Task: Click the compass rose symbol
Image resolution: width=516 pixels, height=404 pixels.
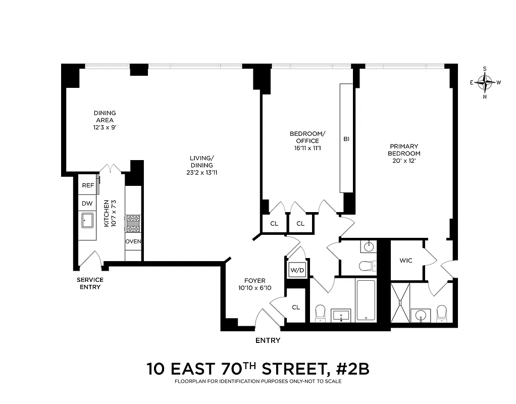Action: point(485,82)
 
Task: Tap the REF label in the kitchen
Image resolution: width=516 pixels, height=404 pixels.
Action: point(88,185)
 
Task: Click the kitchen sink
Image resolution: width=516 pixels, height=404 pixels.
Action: point(87,220)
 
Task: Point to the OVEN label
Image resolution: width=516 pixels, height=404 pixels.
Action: point(133,241)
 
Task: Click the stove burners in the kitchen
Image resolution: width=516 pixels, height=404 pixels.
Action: point(133,223)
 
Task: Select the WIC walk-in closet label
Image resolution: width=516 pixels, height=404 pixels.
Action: point(406,261)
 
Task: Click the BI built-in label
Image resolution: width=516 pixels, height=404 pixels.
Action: point(346,138)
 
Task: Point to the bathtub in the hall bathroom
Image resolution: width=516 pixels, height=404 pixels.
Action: point(366,300)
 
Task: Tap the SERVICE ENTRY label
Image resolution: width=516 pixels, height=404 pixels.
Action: point(90,283)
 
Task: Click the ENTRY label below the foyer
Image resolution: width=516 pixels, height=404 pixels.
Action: point(268,340)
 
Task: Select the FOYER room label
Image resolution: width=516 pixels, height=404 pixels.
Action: point(255,281)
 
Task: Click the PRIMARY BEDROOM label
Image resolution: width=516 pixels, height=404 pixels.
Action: point(404,149)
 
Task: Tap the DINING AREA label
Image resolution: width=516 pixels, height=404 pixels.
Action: point(105,117)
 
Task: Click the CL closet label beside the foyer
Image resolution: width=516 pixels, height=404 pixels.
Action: point(296,307)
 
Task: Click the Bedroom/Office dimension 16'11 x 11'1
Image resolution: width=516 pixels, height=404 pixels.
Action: point(307,148)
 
